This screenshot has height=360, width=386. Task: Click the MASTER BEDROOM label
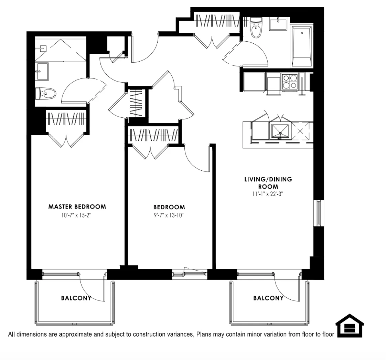click(x=77, y=207)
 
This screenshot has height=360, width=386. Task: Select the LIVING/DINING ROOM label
click(x=268, y=183)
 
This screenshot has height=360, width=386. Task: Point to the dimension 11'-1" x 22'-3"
click(x=268, y=194)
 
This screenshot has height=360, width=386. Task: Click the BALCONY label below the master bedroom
click(x=76, y=298)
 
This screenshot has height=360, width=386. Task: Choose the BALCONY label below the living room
click(x=268, y=298)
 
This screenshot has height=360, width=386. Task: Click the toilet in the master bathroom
click(x=46, y=93)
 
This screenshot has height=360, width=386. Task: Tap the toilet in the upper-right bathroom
click(x=256, y=28)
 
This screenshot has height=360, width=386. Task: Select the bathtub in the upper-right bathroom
click(x=302, y=45)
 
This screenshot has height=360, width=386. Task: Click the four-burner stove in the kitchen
click(x=290, y=82)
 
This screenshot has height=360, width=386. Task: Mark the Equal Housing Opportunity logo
click(x=349, y=326)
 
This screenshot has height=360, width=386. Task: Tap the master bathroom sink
click(x=42, y=71)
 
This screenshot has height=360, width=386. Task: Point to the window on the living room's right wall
click(x=319, y=213)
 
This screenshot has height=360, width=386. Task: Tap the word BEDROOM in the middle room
click(x=169, y=207)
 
